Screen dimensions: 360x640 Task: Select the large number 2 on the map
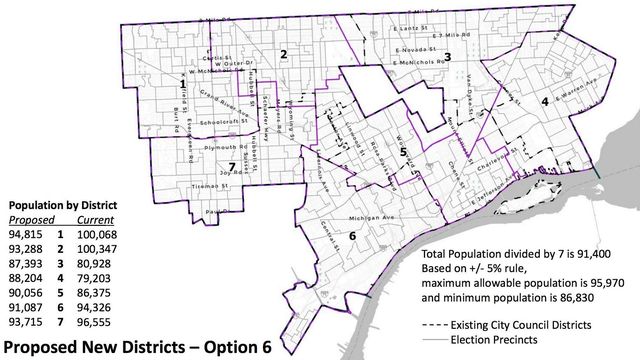(x=284, y=54)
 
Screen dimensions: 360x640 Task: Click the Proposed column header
(x=28, y=219)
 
